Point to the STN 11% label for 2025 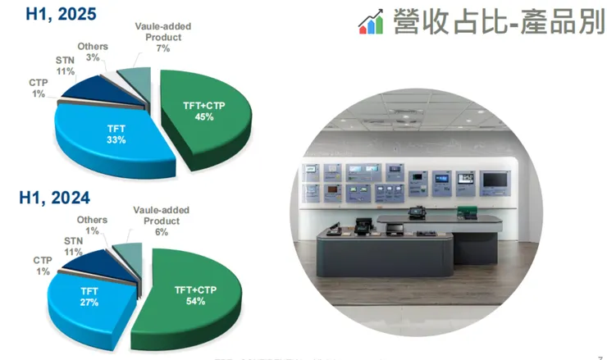(66, 66)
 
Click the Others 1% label (92, 226)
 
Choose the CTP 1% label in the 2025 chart (38, 89)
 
